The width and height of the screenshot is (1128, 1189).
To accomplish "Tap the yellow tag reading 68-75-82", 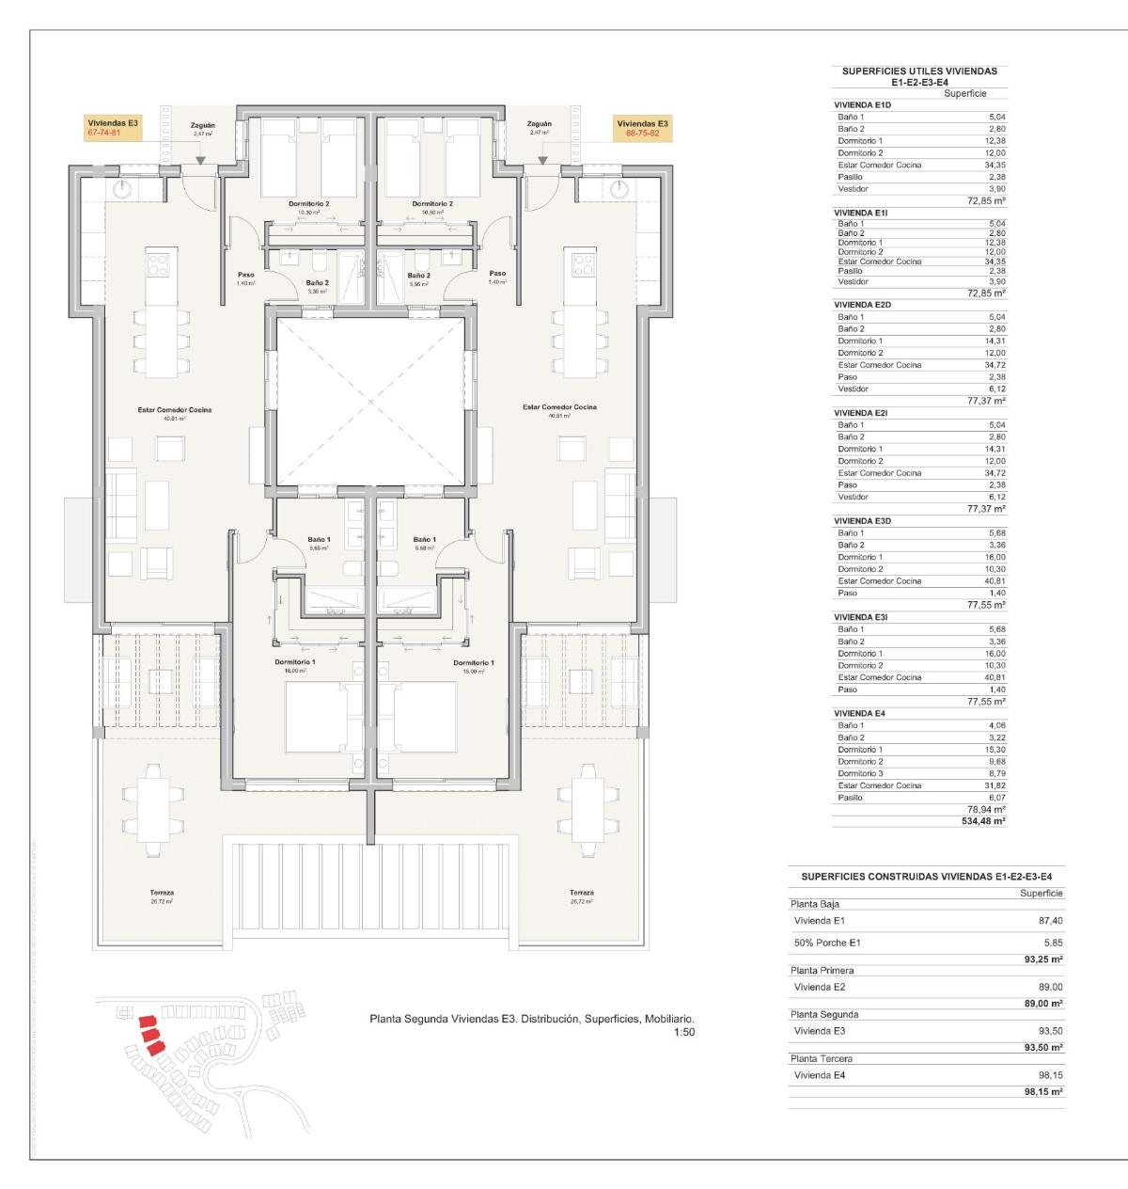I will (x=642, y=129).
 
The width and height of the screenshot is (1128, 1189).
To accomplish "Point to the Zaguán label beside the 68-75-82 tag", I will (x=540, y=124).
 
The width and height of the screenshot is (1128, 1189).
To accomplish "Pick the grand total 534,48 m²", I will (x=984, y=821).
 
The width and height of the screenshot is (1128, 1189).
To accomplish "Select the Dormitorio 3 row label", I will (x=860, y=773).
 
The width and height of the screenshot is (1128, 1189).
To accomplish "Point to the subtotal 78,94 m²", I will (x=986, y=809).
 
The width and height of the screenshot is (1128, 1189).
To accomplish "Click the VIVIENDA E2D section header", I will (x=862, y=305).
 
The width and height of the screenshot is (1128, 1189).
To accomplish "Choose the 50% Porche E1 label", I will (x=827, y=943).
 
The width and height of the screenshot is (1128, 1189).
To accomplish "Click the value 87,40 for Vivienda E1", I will (x=1049, y=921).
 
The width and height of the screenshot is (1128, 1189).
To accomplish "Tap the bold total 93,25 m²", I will (x=1042, y=959).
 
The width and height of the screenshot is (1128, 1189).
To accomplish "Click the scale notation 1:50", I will (x=684, y=1032).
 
